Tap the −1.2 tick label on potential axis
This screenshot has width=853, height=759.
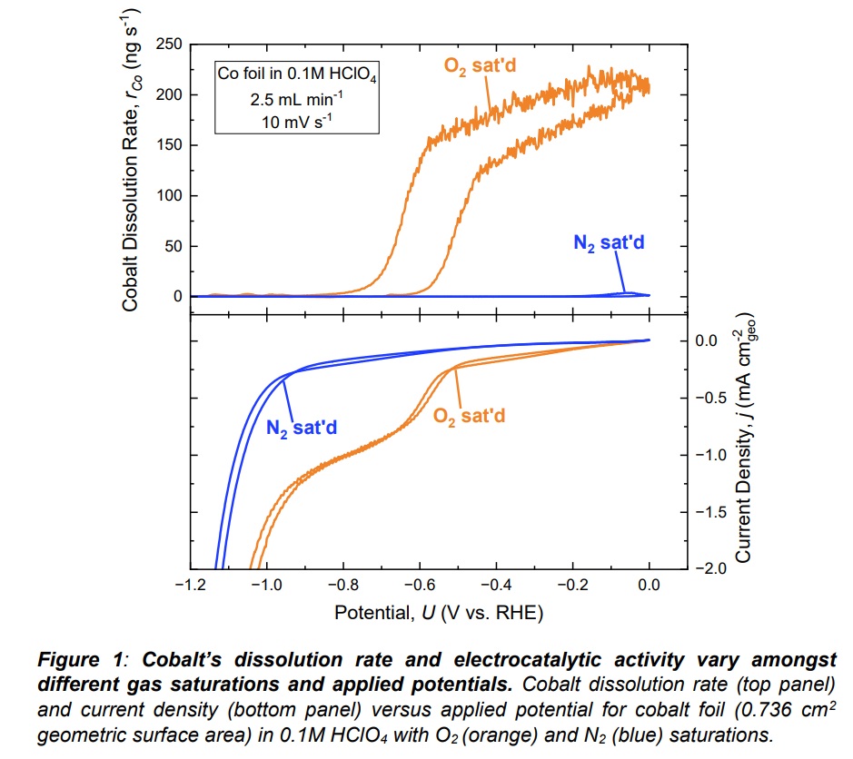click(187, 586)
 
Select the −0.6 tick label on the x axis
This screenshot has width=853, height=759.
click(418, 586)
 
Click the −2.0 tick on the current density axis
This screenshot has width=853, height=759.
click(714, 569)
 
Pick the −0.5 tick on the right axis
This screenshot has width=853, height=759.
click(714, 399)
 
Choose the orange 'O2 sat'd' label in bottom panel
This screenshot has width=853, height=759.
click(469, 416)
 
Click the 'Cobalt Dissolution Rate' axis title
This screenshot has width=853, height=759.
click(131, 173)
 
